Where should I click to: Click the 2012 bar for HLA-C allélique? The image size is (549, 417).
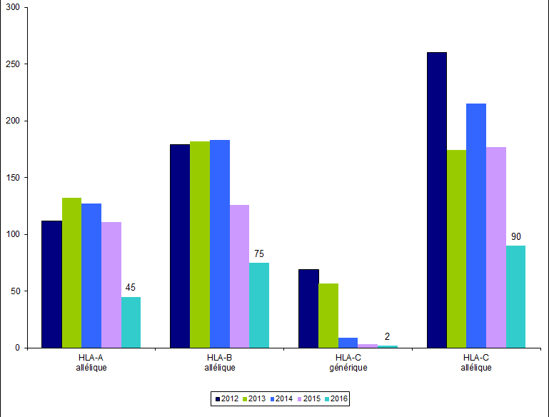[436, 200]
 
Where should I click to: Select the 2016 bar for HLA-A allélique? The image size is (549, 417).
[131, 322]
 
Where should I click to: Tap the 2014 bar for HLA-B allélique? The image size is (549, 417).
[219, 243]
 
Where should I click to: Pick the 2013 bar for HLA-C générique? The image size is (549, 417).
[328, 316]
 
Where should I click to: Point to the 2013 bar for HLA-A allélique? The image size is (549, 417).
[71, 273]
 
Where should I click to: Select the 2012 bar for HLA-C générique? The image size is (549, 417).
[308, 308]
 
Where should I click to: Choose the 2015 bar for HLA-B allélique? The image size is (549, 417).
[239, 276]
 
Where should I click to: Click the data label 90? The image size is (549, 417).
[516, 236]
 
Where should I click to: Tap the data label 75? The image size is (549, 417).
[259, 253]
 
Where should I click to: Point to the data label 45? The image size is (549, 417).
[131, 288]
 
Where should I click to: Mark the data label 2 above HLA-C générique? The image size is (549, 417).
[387, 336]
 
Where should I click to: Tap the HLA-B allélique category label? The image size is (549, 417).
[219, 363]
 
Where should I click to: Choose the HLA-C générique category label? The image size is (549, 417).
[348, 363]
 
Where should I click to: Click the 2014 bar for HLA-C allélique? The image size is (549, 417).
[475, 226]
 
